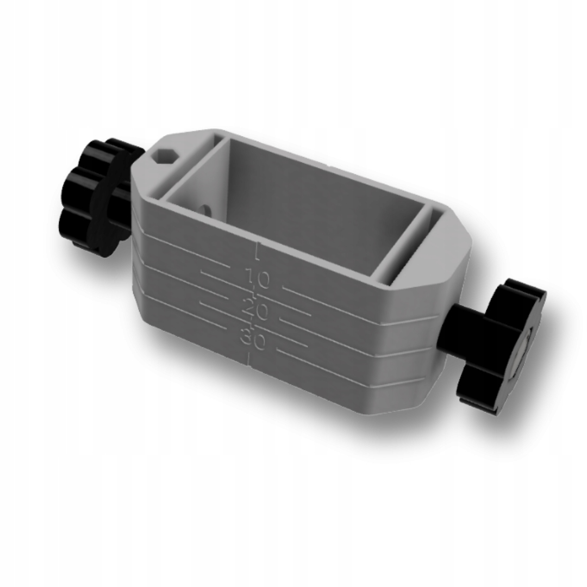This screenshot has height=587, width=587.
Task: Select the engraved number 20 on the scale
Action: pyautogui.click(x=254, y=309)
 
